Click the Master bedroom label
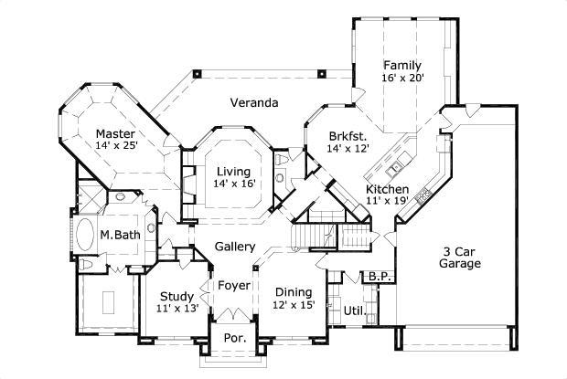click(x=115, y=133)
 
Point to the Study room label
click(x=176, y=296)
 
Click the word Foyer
click(x=234, y=286)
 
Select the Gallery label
click(x=234, y=247)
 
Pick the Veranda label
click(x=253, y=102)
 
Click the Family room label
click(x=402, y=65)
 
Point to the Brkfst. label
click(x=348, y=136)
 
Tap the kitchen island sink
click(x=395, y=169)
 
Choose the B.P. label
click(x=378, y=276)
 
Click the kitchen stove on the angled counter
click(x=423, y=194)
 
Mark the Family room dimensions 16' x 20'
click(x=402, y=78)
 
